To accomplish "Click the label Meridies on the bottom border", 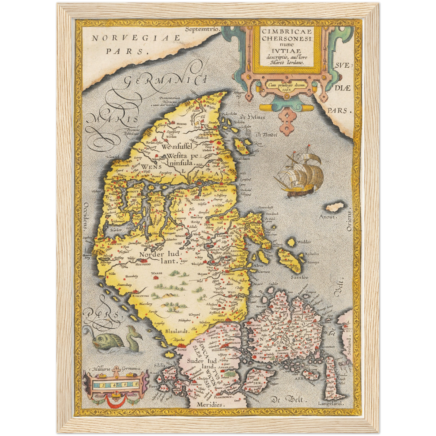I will [211, 405].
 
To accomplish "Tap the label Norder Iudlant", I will [160, 257].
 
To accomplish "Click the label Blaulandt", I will [177, 331].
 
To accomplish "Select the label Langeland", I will [330, 403].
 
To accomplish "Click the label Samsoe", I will [299, 277].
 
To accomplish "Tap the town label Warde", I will [157, 273].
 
